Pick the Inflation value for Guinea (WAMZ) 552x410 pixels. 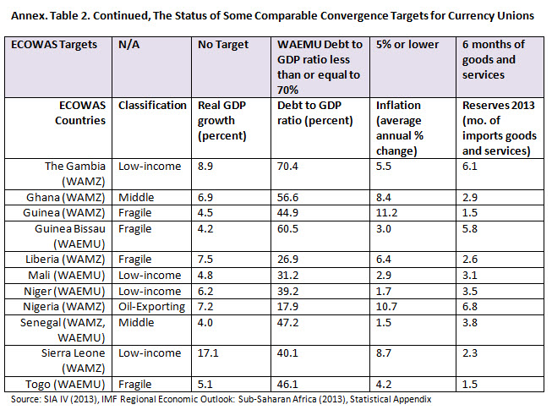(385, 211)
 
